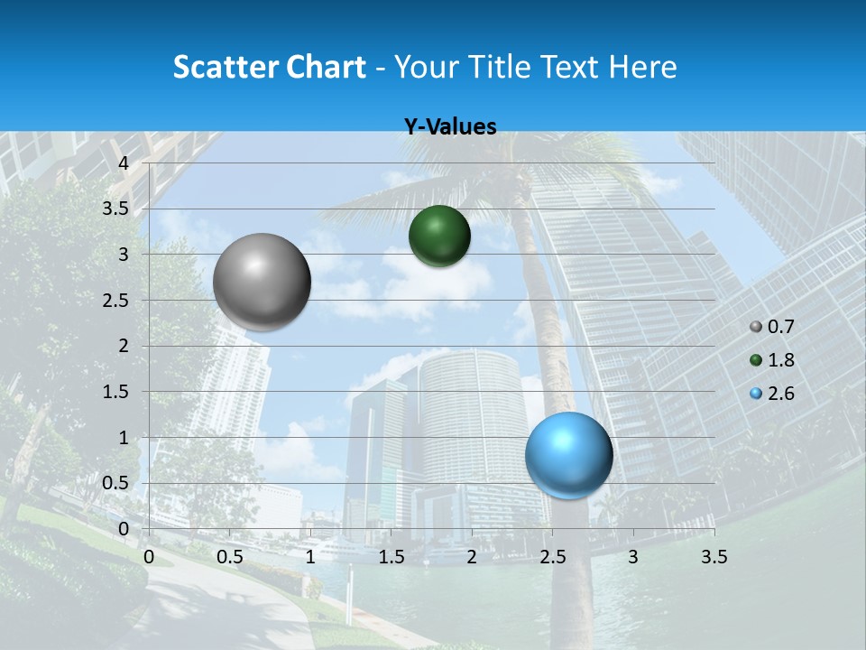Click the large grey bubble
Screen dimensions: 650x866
(x=262, y=282)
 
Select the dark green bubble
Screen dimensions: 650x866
(x=439, y=236)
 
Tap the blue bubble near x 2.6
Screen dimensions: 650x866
(x=569, y=455)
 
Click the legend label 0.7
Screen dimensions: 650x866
(x=780, y=327)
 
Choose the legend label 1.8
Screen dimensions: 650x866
(x=780, y=360)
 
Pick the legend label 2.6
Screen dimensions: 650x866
(x=780, y=394)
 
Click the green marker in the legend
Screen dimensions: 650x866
(x=756, y=360)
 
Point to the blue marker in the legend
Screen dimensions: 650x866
(x=756, y=394)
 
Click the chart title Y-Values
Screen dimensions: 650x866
(x=450, y=127)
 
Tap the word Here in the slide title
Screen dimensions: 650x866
(x=643, y=67)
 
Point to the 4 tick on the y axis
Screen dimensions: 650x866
(x=124, y=163)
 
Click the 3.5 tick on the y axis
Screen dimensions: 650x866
(x=116, y=209)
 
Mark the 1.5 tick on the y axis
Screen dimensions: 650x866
(x=116, y=392)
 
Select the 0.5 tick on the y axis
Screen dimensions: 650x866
(x=116, y=483)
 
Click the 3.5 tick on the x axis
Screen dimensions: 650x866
(x=714, y=557)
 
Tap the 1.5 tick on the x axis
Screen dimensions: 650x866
(x=391, y=557)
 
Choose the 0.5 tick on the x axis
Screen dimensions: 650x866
(x=229, y=557)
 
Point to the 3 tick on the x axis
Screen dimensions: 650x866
(x=633, y=557)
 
